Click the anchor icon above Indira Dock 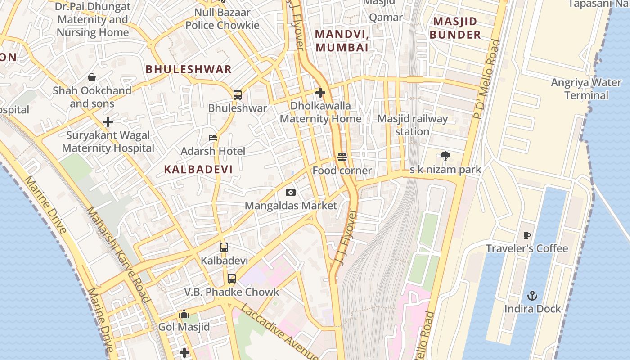[x=532, y=296]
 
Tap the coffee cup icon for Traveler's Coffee [x=527, y=235]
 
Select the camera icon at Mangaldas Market [x=291, y=193]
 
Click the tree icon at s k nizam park [x=445, y=156]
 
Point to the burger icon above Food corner [x=342, y=157]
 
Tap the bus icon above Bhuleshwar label [x=238, y=95]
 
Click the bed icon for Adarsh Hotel [x=213, y=137]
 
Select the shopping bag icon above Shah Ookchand [x=92, y=77]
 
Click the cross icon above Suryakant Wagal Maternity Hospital [x=108, y=122]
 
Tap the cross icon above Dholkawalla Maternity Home [x=320, y=93]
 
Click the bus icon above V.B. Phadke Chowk [x=232, y=279]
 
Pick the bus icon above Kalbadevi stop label [x=224, y=247]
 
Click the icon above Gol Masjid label [x=184, y=314]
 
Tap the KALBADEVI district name [x=198, y=170]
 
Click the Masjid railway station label [x=412, y=125]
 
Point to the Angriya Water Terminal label [x=586, y=89]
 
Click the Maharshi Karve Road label [x=117, y=254]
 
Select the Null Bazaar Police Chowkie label [x=222, y=19]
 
